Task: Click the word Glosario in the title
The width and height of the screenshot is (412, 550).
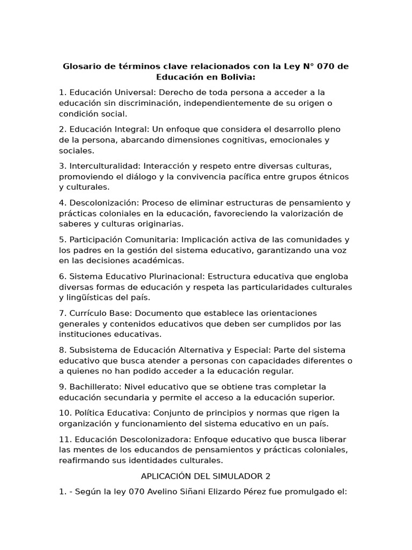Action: (82, 67)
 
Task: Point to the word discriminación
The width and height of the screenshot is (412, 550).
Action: (156, 103)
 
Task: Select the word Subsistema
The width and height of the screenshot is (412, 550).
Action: (92, 350)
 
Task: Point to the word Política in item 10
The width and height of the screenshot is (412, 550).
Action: (88, 413)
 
